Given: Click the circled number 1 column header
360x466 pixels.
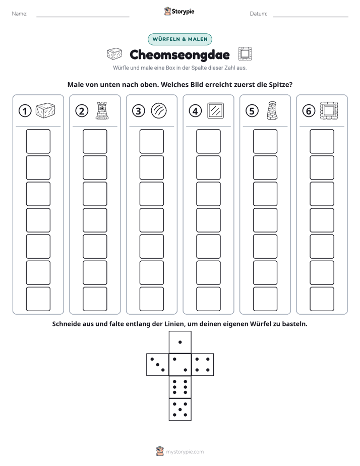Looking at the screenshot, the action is click(x=25, y=111).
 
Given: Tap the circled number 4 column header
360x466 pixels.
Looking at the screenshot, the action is click(x=195, y=111).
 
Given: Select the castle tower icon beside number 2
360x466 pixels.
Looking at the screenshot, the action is click(x=102, y=110).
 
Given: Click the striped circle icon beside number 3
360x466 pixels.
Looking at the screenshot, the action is click(x=159, y=111).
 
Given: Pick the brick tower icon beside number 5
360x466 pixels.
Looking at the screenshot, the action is click(x=272, y=110).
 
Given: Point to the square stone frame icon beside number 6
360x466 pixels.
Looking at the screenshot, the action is click(x=329, y=110).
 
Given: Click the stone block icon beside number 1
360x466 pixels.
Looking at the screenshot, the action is click(x=45, y=111).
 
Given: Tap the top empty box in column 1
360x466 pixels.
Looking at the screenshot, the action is click(x=38, y=141).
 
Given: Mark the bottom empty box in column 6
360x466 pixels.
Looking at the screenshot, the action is click(x=322, y=299).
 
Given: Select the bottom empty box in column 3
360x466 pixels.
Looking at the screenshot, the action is click(x=152, y=299).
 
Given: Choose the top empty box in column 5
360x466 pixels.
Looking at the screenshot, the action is click(x=265, y=141).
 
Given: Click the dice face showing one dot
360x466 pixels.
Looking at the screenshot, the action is click(x=180, y=342).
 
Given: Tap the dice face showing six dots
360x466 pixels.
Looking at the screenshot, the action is click(x=180, y=387).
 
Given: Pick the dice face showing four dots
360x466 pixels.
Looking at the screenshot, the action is click(x=203, y=365).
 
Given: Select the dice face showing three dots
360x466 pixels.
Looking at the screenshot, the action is click(x=158, y=365).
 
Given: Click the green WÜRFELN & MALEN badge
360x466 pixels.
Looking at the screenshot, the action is click(x=180, y=39).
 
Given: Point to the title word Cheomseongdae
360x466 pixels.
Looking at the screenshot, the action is click(x=179, y=54).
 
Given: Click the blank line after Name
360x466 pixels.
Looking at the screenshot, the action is click(x=83, y=17).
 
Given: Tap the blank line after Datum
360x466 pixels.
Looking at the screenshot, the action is click(x=311, y=17).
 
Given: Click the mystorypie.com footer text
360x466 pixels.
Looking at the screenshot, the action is click(x=185, y=452).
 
